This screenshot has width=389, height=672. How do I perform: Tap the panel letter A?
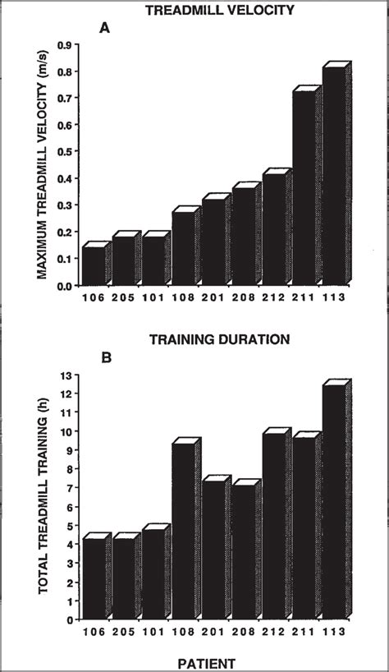click(104, 29)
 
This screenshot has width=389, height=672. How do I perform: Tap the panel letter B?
click(104, 358)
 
